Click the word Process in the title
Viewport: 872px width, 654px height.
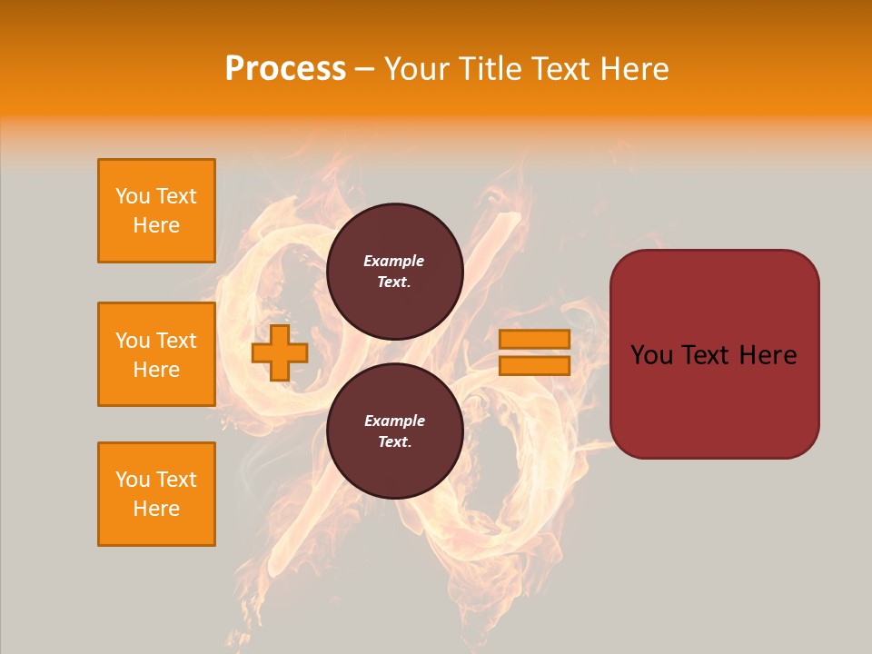click(285, 69)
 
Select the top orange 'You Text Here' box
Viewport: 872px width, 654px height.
click(156, 211)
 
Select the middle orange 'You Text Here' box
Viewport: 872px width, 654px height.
click(156, 354)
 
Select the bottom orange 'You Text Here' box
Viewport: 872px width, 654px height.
click(156, 494)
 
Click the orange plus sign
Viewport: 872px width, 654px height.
click(280, 353)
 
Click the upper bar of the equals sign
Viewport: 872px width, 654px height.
click(534, 340)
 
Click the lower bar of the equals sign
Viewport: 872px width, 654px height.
click(534, 366)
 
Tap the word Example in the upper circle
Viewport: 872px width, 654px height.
click(394, 261)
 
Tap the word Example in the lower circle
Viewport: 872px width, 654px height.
click(394, 421)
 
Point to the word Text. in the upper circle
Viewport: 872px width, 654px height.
click(394, 282)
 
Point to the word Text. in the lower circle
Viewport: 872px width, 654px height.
click(394, 442)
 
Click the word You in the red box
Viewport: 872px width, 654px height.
click(651, 355)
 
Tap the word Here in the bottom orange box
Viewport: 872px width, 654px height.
click(156, 509)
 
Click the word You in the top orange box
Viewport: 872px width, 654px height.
click(133, 196)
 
